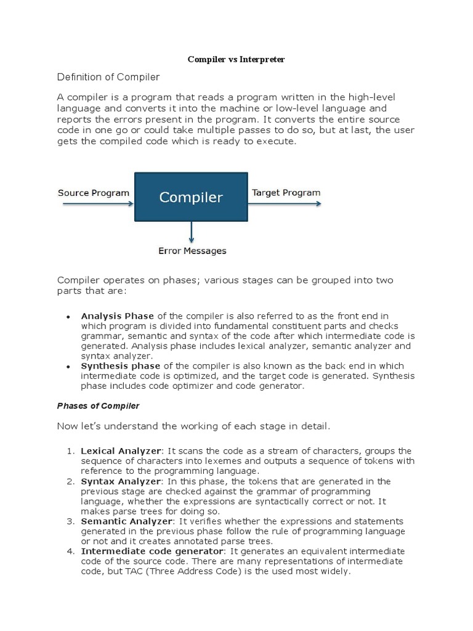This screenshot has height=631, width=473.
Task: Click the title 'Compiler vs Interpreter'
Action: point(236,60)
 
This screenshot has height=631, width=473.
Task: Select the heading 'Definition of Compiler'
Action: point(108,77)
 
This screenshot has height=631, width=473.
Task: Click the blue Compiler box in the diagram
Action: point(191,197)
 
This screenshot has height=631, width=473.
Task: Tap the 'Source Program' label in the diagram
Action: point(94,192)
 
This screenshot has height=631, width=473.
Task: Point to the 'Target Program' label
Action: point(286,192)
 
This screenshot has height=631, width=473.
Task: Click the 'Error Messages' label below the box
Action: point(192,251)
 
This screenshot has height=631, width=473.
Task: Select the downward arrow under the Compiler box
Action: point(192,232)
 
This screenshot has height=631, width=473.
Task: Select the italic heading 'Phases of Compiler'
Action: point(99,406)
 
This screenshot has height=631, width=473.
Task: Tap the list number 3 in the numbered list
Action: point(70,521)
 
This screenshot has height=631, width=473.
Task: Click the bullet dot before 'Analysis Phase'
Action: point(69,317)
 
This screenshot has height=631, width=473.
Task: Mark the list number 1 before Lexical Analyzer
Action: point(70,451)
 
